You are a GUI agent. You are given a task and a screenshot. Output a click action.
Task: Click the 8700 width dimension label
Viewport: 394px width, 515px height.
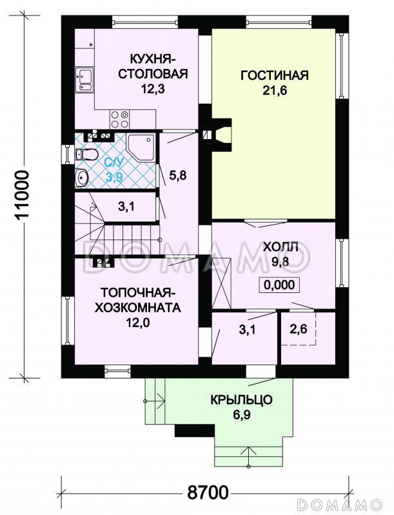[207, 494]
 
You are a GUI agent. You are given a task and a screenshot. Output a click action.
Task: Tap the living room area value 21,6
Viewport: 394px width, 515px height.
[274, 91]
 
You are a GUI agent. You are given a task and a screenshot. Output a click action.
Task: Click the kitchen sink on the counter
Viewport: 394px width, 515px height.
[85, 80]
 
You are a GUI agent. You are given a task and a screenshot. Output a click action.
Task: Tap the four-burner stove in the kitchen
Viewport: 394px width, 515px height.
[119, 118]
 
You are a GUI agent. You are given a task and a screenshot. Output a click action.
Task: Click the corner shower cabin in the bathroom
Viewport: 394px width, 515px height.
[141, 148]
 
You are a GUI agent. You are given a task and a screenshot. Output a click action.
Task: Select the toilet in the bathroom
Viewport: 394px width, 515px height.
[86, 154]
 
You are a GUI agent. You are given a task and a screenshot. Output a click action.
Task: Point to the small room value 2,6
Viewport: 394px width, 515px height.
[298, 330]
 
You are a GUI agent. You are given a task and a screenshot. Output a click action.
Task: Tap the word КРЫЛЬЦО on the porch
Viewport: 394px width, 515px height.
[241, 400]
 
